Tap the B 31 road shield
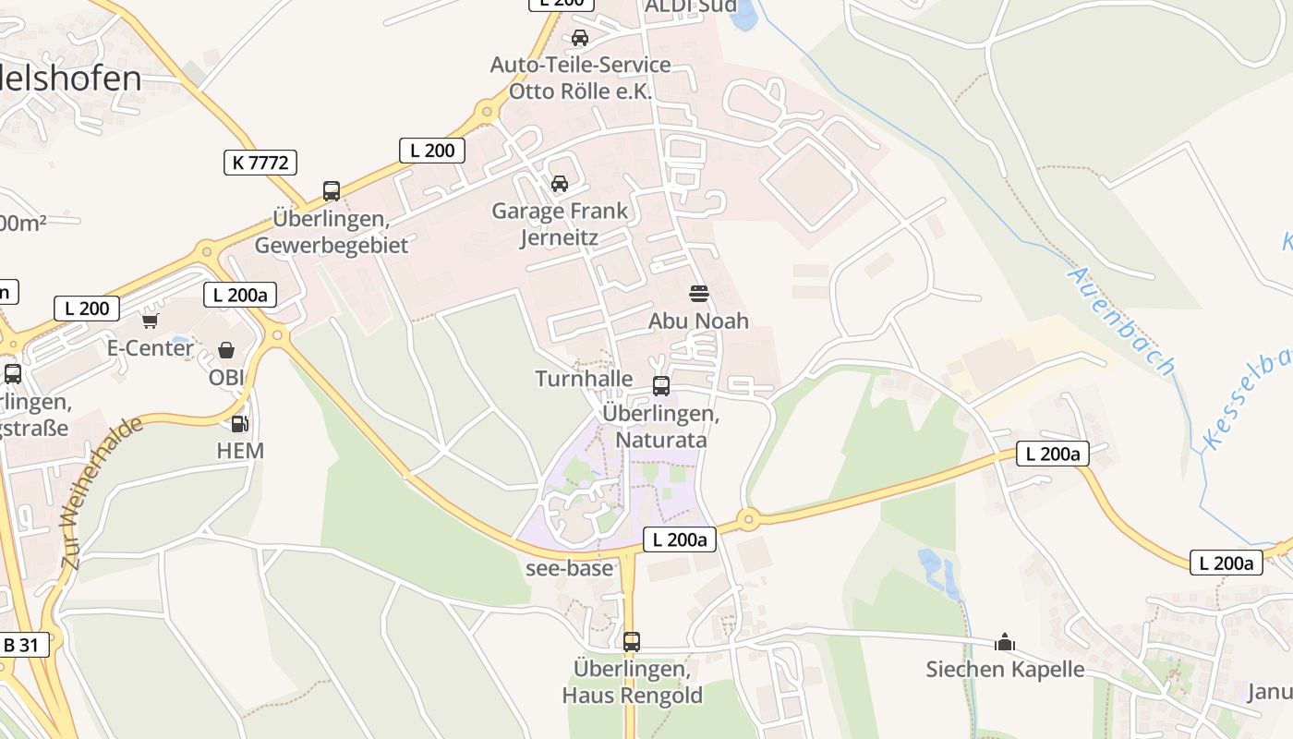pyautogui.click(x=20, y=644)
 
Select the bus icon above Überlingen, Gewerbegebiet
pyautogui.click(x=332, y=191)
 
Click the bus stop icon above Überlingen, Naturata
pyautogui.click(x=661, y=386)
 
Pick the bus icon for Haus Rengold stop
pyautogui.click(x=632, y=641)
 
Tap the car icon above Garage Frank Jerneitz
pyautogui.click(x=560, y=184)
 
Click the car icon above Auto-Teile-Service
pyautogui.click(x=580, y=38)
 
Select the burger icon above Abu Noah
pyautogui.click(x=699, y=294)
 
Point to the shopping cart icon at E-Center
pyautogui.click(x=150, y=321)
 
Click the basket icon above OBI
pyautogui.click(x=226, y=350)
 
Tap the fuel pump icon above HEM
pyautogui.click(x=240, y=424)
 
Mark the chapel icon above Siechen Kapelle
pyautogui.click(x=1005, y=642)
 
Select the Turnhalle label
pyautogui.click(x=584, y=379)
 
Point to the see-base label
pyautogui.click(x=569, y=568)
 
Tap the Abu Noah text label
pyautogui.click(x=699, y=321)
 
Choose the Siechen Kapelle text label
pyautogui.click(x=1005, y=669)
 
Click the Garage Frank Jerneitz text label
pyautogui.click(x=560, y=224)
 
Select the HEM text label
pyautogui.click(x=240, y=451)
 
